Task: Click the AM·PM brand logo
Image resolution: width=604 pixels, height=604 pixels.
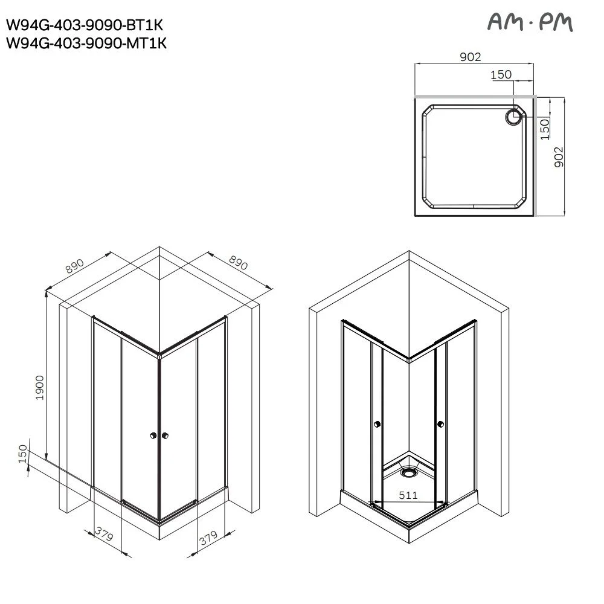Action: [530, 22]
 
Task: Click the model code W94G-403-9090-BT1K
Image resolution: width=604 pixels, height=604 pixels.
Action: [85, 25]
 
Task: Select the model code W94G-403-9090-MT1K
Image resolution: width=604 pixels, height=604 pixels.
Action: [86, 43]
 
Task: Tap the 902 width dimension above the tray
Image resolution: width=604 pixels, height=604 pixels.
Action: [471, 57]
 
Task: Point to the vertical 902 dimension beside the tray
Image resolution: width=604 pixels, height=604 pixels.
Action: [559, 157]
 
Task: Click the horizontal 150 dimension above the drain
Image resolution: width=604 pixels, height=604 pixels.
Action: [501, 74]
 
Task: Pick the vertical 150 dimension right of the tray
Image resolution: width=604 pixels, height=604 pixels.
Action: [545, 129]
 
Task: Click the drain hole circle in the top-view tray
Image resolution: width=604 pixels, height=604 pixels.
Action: [513, 117]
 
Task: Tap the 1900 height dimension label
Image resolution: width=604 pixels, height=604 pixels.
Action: [40, 388]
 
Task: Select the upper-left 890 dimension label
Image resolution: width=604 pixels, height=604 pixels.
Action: [74, 266]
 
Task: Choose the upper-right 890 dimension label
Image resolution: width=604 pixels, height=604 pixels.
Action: [238, 263]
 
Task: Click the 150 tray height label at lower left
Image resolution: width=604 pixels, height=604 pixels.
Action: [23, 454]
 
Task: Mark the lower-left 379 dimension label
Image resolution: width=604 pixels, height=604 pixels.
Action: [104, 534]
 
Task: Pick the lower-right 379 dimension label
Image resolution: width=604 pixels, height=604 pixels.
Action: [208, 538]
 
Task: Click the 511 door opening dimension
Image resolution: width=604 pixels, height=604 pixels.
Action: [408, 495]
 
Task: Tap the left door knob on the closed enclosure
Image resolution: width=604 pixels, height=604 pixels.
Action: [153, 435]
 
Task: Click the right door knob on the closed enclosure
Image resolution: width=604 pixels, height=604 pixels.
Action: [165, 435]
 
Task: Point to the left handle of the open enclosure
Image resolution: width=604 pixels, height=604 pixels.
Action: [377, 424]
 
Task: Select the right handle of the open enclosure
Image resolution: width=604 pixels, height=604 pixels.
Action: [441, 424]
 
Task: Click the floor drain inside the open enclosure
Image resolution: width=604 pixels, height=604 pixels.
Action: [409, 471]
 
